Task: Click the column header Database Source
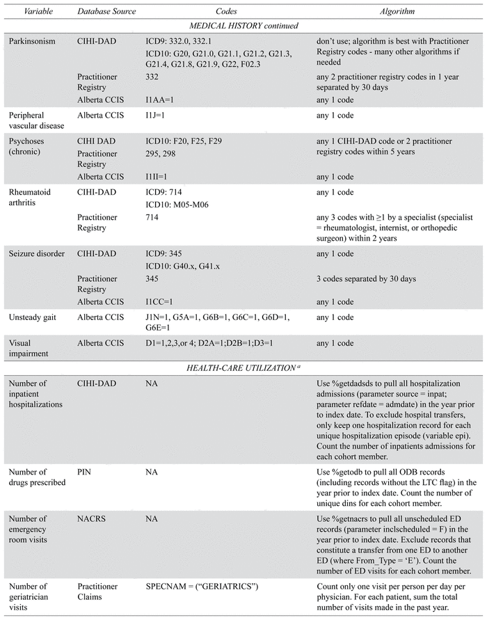[106, 12]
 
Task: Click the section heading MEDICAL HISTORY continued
[243, 26]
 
